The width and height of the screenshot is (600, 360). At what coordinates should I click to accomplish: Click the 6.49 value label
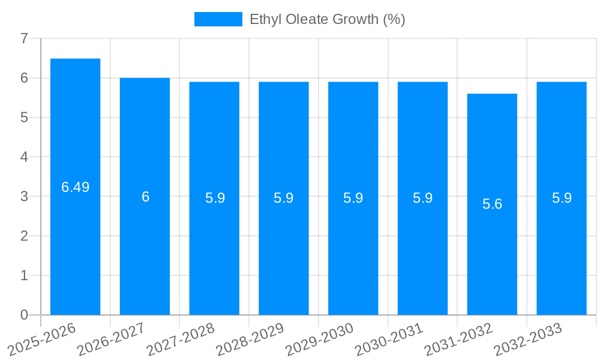tap(76, 187)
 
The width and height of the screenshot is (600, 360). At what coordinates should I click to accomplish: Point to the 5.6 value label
tap(492, 204)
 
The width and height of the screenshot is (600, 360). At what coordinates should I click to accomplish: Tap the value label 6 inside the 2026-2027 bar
tap(145, 197)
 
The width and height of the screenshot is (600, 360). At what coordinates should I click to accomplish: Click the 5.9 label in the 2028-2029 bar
tap(284, 198)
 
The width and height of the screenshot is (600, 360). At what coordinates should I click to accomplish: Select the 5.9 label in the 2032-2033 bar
tap(562, 198)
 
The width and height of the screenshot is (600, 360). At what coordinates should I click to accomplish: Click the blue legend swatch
tap(218, 19)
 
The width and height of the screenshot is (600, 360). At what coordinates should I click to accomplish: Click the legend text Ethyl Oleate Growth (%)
tap(328, 19)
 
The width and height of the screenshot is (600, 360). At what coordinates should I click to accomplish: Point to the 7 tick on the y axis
tap(24, 38)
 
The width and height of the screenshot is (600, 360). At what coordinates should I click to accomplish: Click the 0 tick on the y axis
tap(24, 315)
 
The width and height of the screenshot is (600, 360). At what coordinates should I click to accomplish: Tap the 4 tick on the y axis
tap(24, 157)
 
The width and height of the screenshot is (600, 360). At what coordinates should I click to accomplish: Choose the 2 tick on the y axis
tap(24, 236)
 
